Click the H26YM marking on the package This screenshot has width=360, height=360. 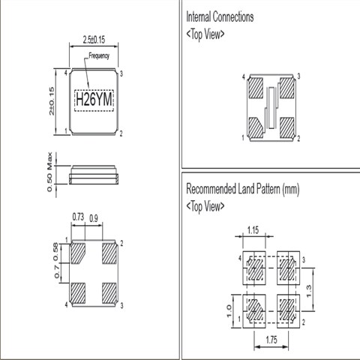point(94,100)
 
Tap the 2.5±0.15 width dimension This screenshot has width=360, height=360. point(94,40)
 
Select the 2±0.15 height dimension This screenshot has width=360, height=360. point(51,101)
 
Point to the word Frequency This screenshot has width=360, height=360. point(99,55)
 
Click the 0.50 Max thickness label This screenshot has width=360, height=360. point(49,172)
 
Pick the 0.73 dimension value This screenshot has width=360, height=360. point(78,217)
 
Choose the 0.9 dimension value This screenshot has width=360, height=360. point(94,219)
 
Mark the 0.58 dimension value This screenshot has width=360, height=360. point(55,251)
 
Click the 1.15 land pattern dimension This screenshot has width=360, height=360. point(253,230)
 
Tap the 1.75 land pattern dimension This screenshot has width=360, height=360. point(271,340)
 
